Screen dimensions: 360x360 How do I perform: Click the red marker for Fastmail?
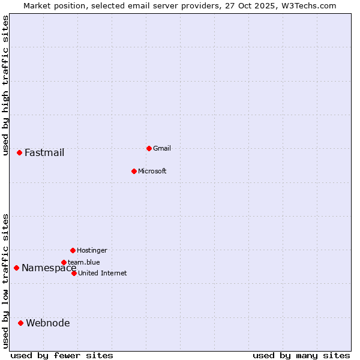point(19,152)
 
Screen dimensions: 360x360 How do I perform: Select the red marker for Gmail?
point(149,148)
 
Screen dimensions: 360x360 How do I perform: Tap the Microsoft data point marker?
point(134,171)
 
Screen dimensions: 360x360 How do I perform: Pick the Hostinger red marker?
point(73,250)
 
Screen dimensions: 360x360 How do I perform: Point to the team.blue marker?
point(64,262)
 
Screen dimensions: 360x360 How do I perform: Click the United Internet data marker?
point(74,273)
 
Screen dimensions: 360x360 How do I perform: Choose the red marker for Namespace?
point(16,268)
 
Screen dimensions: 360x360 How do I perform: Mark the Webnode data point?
point(20,323)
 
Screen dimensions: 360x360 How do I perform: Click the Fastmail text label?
point(44,152)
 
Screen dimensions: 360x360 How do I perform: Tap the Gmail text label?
point(162,148)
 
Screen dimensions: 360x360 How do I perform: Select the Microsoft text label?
point(152,171)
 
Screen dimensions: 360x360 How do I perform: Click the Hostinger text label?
point(92,250)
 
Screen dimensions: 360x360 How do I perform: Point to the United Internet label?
point(102,273)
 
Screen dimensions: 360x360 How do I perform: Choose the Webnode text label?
point(47,323)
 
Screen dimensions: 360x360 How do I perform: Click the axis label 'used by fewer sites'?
point(62,355)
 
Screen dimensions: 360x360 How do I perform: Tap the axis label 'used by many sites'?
point(301,355)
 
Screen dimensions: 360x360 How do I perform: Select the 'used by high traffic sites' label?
point(5,85)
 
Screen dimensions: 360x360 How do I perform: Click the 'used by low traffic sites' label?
point(5,281)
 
